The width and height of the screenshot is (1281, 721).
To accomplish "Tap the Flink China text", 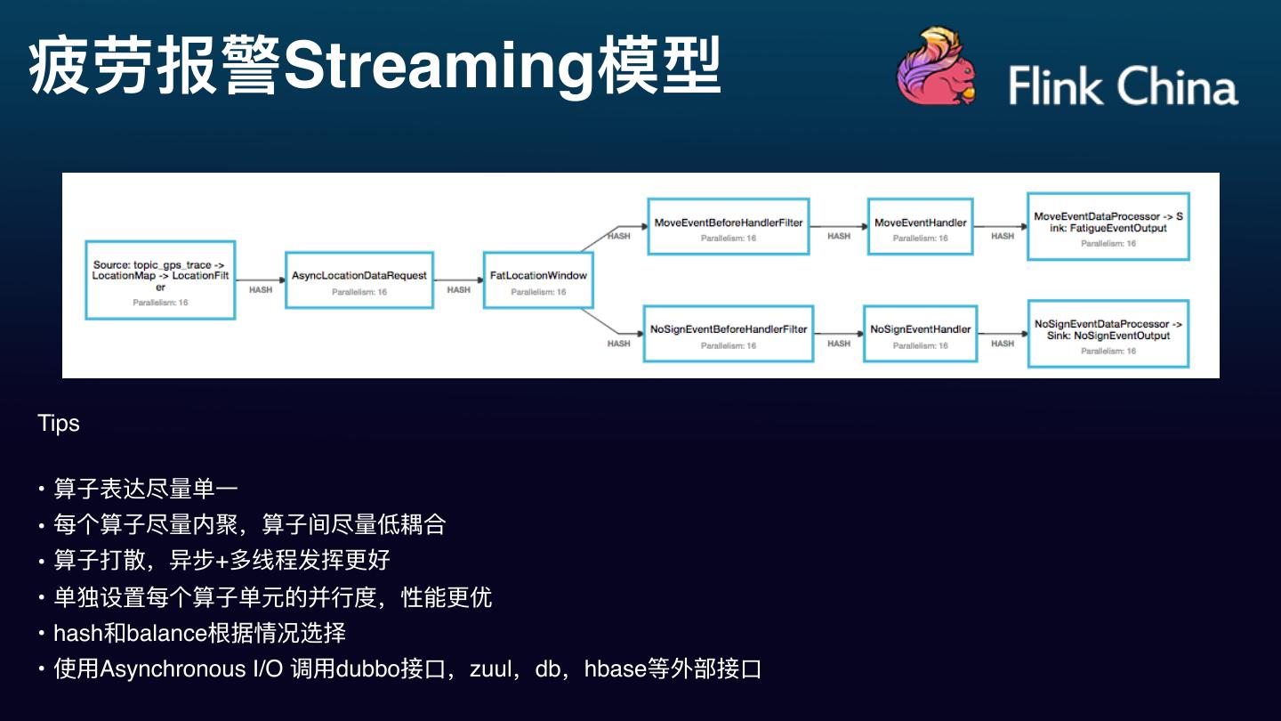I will tap(1123, 87).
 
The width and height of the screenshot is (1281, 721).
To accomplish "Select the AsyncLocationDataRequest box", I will tap(359, 279).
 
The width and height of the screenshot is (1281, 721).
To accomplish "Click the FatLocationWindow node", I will tap(538, 279).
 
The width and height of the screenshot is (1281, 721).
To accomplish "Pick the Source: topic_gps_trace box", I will tap(160, 279).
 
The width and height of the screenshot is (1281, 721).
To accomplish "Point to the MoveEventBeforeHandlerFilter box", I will tap(729, 226).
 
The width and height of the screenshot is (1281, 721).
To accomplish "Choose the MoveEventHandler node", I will tap(920, 226).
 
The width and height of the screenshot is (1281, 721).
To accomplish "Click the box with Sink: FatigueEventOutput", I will tap(1108, 226).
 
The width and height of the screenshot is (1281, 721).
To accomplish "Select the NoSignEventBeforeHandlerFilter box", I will tap(729, 333).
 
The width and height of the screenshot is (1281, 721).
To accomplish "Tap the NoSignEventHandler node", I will tap(920, 333).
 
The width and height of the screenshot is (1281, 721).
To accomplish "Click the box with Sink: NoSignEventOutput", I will tap(1108, 333).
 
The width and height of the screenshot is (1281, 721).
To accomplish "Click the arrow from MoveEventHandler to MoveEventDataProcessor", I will tap(1000, 226).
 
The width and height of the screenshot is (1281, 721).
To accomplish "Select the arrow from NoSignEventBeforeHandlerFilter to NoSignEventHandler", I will tap(838, 333).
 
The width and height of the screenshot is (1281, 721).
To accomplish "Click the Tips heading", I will tap(59, 424).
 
